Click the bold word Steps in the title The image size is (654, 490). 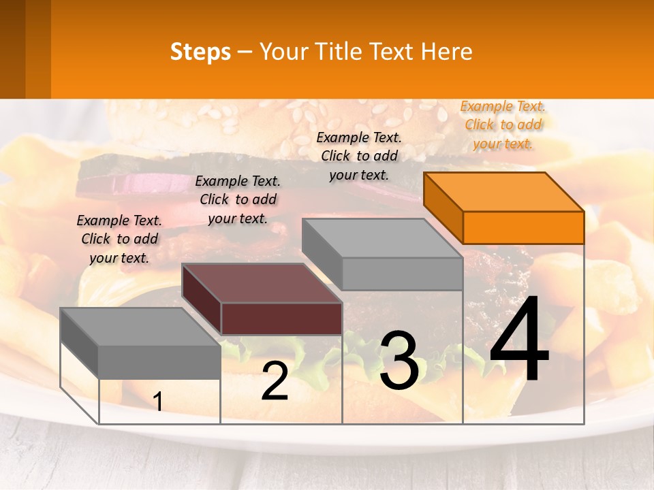(x=200, y=52)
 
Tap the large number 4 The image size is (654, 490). (x=519, y=340)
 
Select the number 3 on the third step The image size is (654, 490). (x=399, y=361)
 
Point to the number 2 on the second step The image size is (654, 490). (x=275, y=381)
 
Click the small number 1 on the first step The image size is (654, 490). (x=157, y=402)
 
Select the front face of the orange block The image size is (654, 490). (x=523, y=227)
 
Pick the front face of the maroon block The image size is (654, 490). (x=281, y=318)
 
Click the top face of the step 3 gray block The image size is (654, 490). (x=381, y=238)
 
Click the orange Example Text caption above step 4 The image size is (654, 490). (x=503, y=125)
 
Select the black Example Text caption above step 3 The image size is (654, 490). (x=359, y=156)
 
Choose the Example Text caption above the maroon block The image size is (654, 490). (x=238, y=199)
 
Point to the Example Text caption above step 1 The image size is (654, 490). (x=119, y=239)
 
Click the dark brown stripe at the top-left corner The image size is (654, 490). (x=12, y=49)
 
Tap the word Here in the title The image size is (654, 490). (x=446, y=52)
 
